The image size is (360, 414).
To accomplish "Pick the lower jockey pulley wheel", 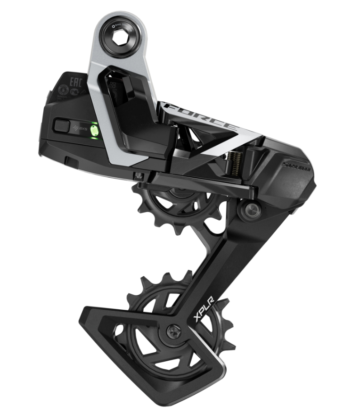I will (x=155, y=330).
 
